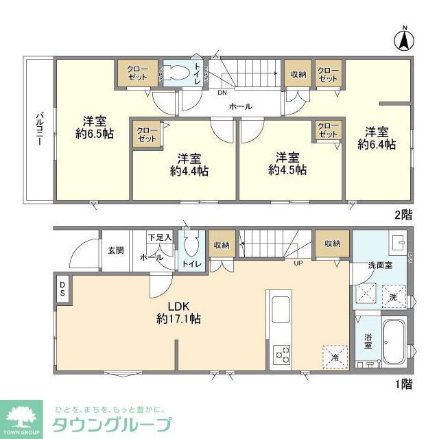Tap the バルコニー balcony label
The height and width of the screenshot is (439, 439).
pyautogui.click(x=40, y=131)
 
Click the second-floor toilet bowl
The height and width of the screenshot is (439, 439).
pyautogui.click(x=180, y=73)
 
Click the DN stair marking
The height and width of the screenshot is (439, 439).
pyautogui.click(x=222, y=92)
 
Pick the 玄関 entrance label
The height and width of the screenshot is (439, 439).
pyautogui.click(x=115, y=250)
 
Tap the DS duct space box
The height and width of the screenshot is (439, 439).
pyautogui.click(x=61, y=289)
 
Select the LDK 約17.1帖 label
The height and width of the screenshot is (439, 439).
pyautogui.click(x=178, y=312)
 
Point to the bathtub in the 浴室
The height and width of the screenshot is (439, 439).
pyautogui.click(x=392, y=344)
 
